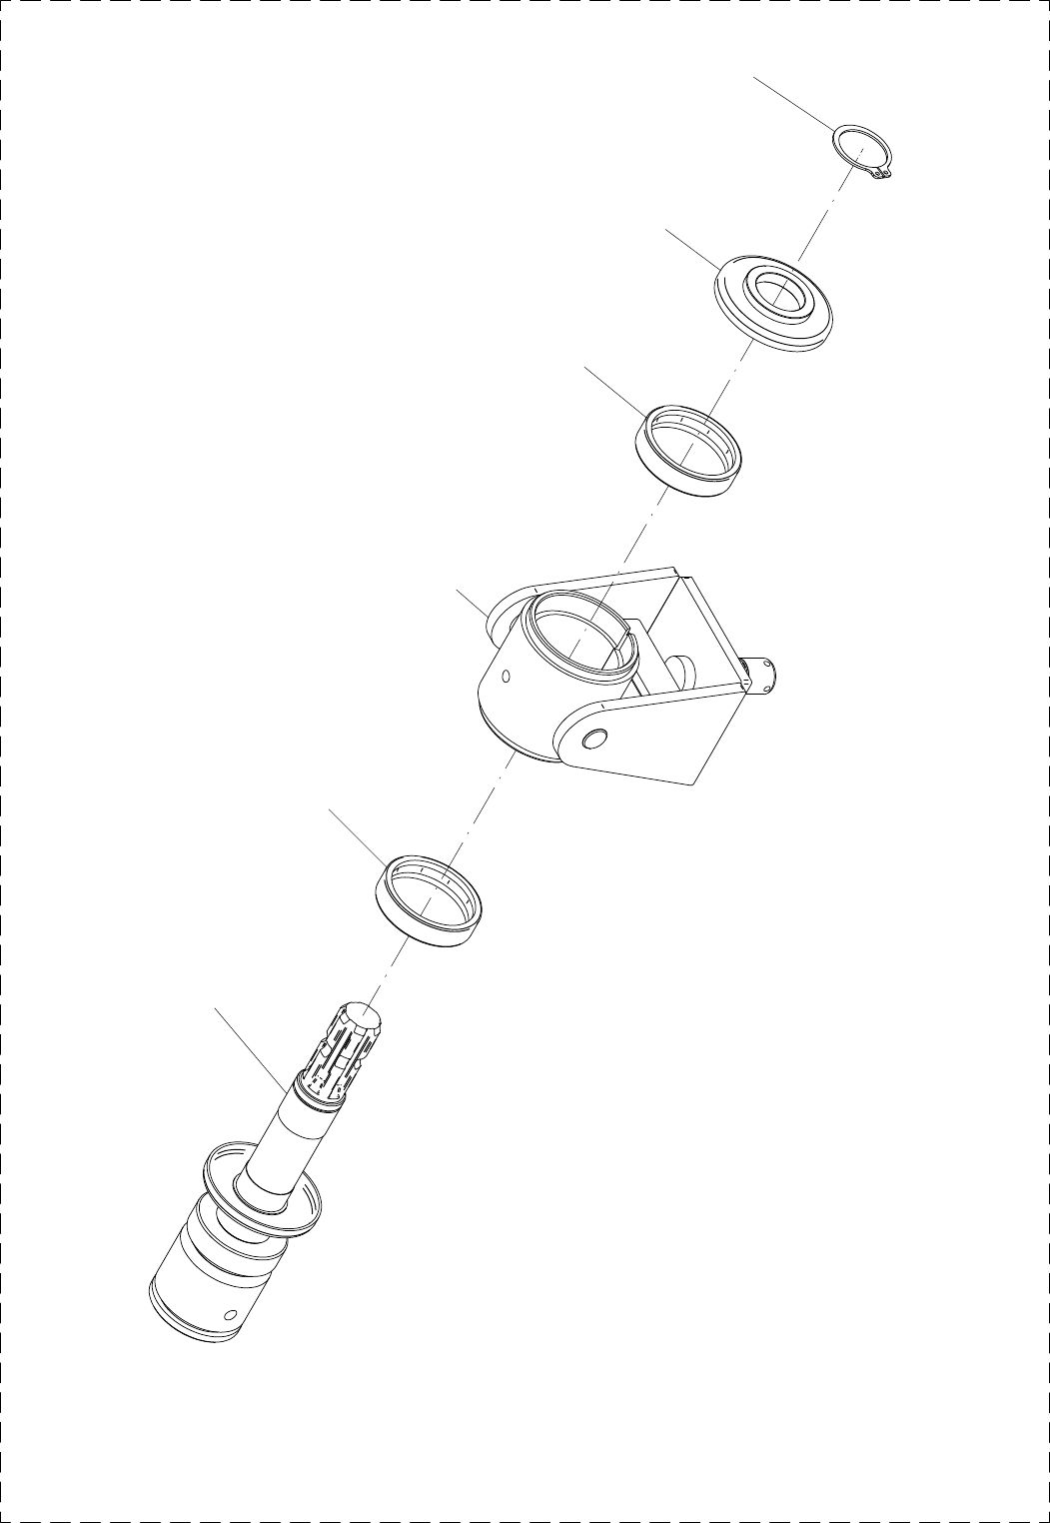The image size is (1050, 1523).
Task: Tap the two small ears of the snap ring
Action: click(880, 176)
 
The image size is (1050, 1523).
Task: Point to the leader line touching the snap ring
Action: click(794, 102)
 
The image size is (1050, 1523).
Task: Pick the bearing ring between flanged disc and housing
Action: click(689, 450)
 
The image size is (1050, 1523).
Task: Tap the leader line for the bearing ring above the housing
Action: click(615, 391)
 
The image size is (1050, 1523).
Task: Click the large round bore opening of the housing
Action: click(574, 635)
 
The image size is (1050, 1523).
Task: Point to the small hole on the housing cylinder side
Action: click(506, 677)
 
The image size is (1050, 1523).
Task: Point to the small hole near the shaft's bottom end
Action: click(231, 1312)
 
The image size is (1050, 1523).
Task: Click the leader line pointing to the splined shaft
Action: click(250, 1048)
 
